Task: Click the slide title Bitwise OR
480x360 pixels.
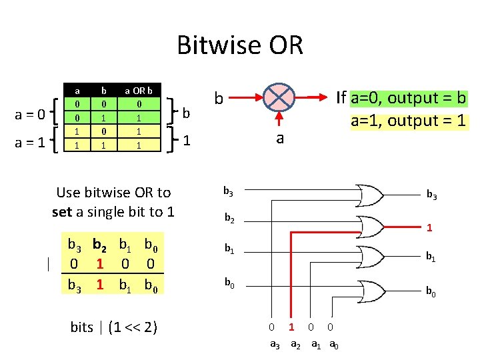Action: click(240, 45)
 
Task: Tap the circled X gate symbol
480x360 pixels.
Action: click(280, 97)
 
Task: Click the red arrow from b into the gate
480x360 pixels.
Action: click(246, 97)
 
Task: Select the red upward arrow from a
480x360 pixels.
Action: click(280, 120)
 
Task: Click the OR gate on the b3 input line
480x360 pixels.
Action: click(370, 195)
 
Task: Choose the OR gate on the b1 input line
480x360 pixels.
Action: click(370, 256)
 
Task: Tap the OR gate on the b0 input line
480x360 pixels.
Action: click(370, 288)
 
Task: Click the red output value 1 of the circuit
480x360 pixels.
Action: click(430, 228)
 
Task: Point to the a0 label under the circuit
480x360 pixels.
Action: click(333, 344)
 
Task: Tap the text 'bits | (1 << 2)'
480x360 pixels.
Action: click(113, 327)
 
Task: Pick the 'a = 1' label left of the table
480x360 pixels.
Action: click(30, 141)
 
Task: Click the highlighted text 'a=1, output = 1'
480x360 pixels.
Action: click(408, 121)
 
